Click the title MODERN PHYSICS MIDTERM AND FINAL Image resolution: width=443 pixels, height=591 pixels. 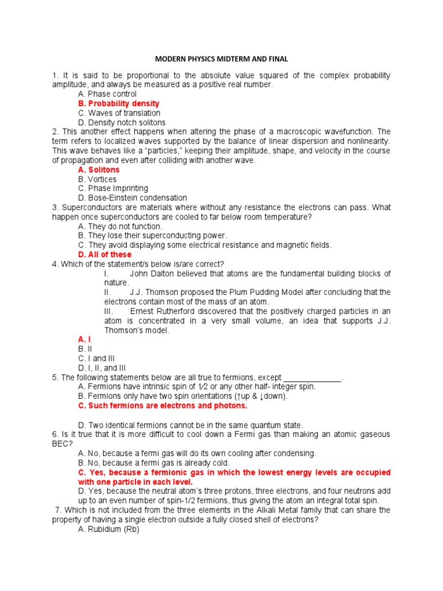click(x=221, y=59)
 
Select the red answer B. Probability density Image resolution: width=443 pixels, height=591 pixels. click(x=119, y=103)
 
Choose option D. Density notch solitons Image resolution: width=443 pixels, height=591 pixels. click(x=122, y=122)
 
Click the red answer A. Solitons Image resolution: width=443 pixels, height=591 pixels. click(x=99, y=170)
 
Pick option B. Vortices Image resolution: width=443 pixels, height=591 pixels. click(x=97, y=179)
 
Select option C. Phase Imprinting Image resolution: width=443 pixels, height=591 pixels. click(x=113, y=188)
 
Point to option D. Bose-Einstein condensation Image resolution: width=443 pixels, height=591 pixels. click(x=133, y=198)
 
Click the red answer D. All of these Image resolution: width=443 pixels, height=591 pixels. click(x=104, y=255)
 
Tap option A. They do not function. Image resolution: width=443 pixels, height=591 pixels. click(x=120, y=226)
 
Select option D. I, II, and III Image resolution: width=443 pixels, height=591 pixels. click(x=102, y=368)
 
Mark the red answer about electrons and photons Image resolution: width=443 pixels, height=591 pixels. click(x=163, y=406)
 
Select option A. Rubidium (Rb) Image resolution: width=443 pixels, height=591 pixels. click(x=108, y=529)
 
